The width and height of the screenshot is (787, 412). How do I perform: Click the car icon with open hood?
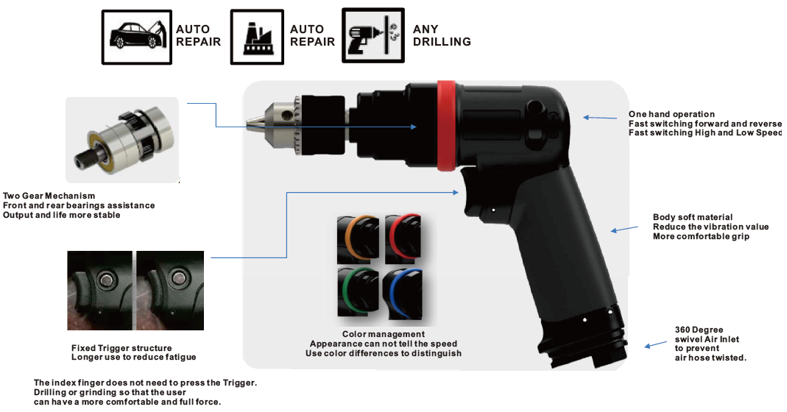click(x=136, y=37)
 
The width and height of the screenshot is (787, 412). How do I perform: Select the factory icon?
click(x=257, y=37)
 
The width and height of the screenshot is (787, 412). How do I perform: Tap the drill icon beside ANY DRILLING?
click(x=373, y=35)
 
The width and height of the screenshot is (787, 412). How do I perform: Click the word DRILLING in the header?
click(x=442, y=42)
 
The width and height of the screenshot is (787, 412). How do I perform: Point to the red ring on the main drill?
click(x=445, y=126)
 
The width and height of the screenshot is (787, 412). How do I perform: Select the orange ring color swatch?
click(x=358, y=238)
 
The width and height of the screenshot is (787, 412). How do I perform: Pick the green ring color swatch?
click(x=358, y=292)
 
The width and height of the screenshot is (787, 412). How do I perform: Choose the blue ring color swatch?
click(x=403, y=294)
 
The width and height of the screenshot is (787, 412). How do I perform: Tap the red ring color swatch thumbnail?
click(x=403, y=238)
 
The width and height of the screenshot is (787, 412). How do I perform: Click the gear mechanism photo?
click(x=122, y=140)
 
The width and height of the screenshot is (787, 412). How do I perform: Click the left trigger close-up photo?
click(x=100, y=290)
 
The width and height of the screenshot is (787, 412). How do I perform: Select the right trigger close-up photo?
click(x=170, y=290)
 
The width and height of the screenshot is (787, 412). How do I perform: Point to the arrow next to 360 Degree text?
click(x=655, y=345)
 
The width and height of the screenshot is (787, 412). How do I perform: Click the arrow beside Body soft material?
click(x=624, y=230)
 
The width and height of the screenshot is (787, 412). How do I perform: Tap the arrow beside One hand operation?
click(x=600, y=118)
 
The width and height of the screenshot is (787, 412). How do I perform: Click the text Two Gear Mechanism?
click(x=49, y=196)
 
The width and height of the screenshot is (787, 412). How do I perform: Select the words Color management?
click(x=384, y=334)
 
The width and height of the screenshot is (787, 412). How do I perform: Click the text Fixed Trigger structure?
click(x=121, y=348)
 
